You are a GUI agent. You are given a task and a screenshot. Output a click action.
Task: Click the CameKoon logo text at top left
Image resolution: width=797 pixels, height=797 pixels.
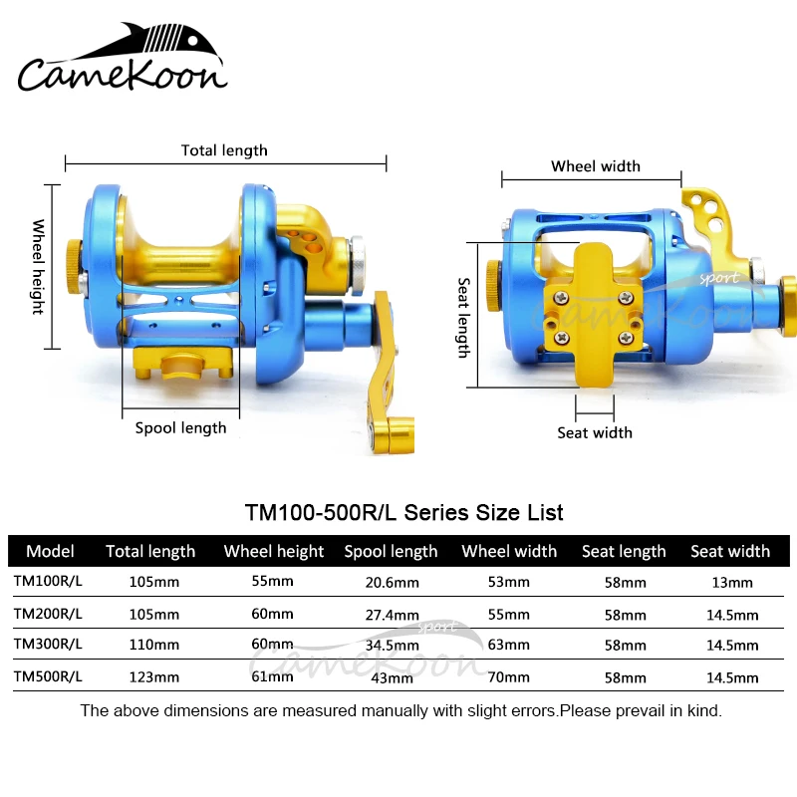[122, 74]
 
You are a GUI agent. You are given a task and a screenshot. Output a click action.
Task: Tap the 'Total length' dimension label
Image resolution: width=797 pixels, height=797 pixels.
[224, 150]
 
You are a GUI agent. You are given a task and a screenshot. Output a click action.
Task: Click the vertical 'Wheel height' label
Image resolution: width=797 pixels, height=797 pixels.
[39, 266]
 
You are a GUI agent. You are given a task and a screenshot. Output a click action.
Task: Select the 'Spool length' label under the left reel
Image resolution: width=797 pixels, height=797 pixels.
[180, 427]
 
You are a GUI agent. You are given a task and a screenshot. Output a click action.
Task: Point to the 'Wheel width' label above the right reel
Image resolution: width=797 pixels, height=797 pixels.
[596, 166]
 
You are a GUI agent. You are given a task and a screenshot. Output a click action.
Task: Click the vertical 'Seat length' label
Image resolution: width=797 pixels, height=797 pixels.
[463, 317]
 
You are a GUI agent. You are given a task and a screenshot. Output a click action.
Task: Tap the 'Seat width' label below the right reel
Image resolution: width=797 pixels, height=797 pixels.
[595, 432]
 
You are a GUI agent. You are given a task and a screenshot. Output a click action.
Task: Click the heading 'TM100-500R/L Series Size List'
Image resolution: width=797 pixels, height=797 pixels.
[403, 512]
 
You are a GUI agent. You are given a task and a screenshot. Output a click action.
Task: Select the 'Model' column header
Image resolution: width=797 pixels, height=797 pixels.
[50, 551]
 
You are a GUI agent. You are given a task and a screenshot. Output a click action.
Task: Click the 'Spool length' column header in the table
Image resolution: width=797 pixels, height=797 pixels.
[391, 551]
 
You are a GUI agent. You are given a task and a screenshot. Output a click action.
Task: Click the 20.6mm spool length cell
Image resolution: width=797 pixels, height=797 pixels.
[392, 583]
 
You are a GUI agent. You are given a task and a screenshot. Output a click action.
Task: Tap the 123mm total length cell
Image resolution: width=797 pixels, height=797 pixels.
[154, 678]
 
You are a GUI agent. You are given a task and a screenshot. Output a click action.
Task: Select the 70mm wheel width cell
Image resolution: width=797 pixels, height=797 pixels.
[509, 678]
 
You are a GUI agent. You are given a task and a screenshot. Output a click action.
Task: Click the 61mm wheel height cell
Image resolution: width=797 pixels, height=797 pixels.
[273, 678]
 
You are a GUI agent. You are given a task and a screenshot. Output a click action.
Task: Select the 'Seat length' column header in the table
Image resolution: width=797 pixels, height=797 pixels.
[624, 551]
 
